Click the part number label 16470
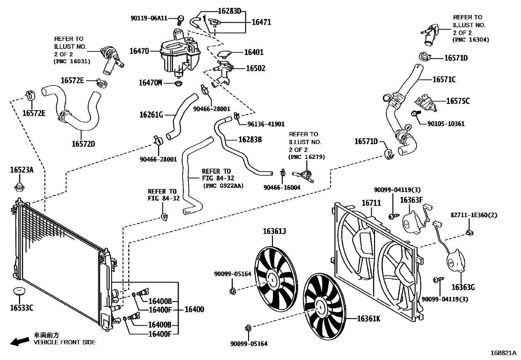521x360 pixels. (139, 51)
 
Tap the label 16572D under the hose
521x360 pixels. (83, 144)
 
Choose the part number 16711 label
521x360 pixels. (371, 203)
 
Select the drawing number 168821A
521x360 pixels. (503, 353)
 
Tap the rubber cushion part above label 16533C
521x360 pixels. (19, 291)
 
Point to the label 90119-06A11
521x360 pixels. (149, 18)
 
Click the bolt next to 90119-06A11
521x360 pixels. (180, 20)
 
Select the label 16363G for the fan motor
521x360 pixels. (463, 287)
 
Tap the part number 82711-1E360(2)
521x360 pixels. (474, 215)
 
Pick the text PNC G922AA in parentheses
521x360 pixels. (223, 185)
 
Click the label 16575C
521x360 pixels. (458, 101)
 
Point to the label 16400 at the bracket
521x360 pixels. (194, 310)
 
